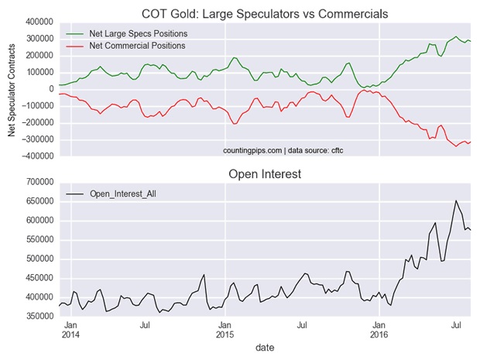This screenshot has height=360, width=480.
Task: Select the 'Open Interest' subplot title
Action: [265, 174]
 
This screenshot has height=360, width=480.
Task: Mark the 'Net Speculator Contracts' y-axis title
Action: [12, 89]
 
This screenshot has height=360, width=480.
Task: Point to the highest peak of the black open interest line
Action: [456, 201]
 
